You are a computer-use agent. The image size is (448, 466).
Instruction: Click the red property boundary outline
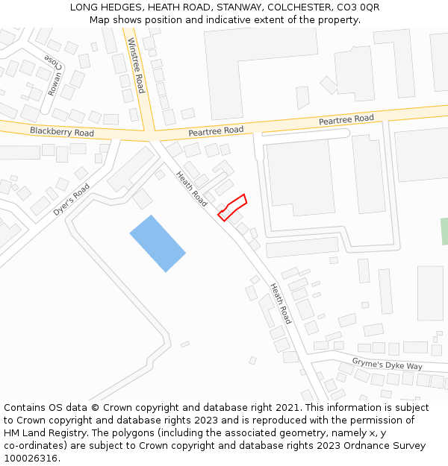[x=232, y=207]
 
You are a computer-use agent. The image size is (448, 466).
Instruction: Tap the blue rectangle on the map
[x=158, y=243]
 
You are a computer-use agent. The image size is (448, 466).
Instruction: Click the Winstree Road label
[x=135, y=65]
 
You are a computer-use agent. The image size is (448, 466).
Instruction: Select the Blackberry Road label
[x=62, y=132]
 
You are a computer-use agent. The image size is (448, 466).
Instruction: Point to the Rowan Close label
[x=55, y=75]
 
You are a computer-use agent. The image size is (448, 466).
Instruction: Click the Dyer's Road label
[x=72, y=200]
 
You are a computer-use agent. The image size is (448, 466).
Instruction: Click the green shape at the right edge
[x=444, y=231]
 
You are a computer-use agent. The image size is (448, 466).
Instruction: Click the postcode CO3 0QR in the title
[x=358, y=7]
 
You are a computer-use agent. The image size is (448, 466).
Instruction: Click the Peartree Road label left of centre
[x=216, y=130]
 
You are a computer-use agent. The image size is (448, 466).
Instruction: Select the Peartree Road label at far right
[x=346, y=119]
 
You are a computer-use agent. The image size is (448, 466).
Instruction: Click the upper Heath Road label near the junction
[x=191, y=189]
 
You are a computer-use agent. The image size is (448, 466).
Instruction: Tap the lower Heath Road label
[x=280, y=303]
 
